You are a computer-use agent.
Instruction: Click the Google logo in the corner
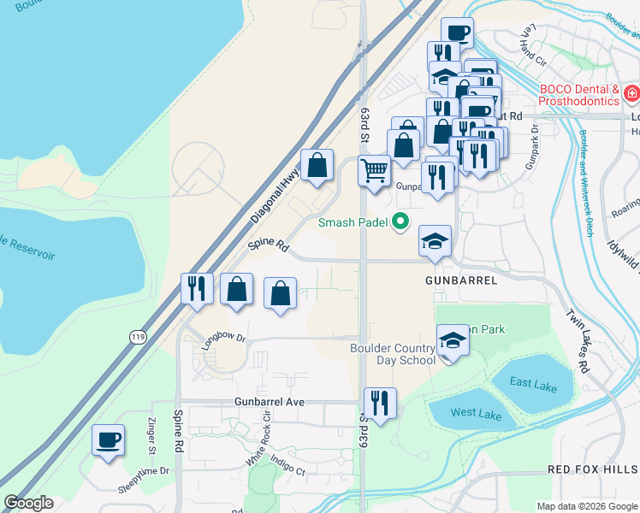tap(28, 503)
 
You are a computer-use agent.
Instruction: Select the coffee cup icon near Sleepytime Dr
tap(108, 441)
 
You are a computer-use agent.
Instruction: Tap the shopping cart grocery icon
tap(374, 171)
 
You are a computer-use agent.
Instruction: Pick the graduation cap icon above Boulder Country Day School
tap(453, 341)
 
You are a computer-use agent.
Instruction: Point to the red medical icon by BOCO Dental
tap(631, 93)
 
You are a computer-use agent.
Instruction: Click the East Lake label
tap(534, 384)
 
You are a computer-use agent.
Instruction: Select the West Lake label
tap(476, 413)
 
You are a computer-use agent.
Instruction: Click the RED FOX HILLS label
tap(592, 469)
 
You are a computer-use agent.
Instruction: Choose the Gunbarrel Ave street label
tap(270, 401)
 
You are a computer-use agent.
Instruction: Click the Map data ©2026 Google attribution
tap(587, 506)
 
